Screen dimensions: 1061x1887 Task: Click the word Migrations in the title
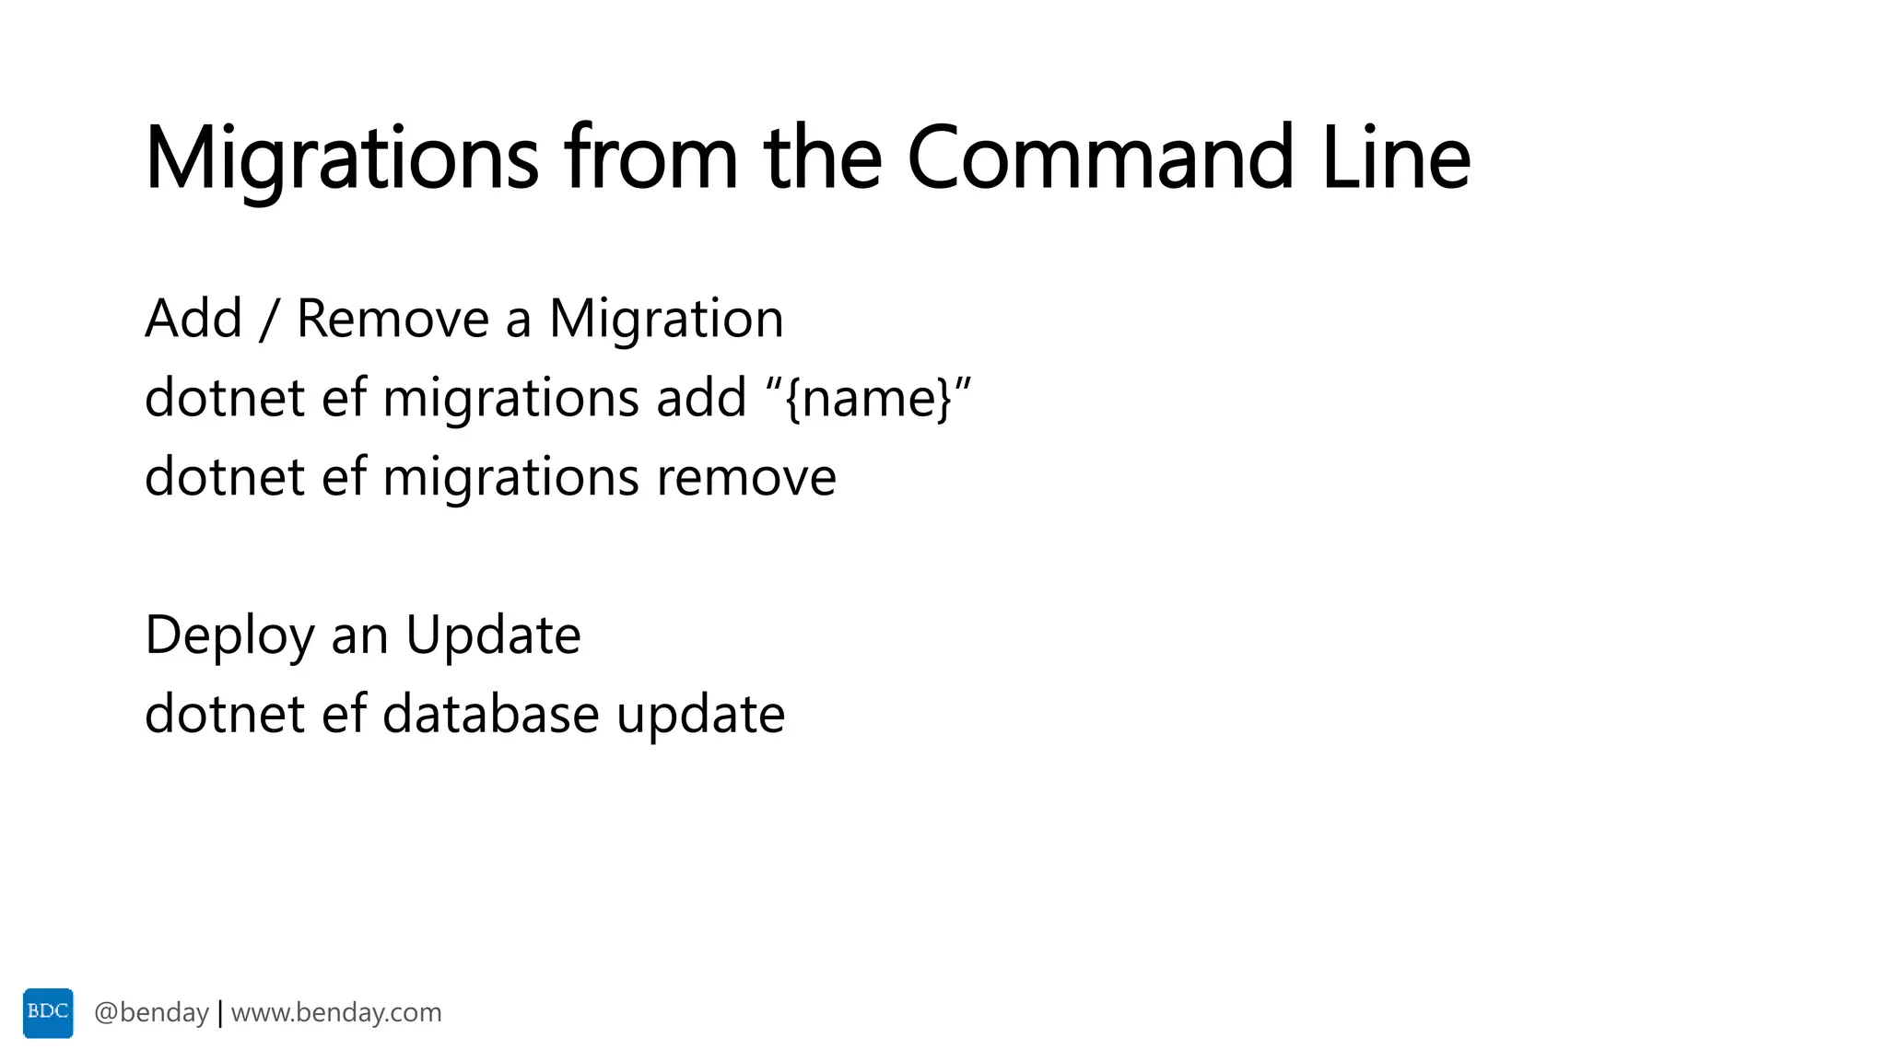(x=341, y=158)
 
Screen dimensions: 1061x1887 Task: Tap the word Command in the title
(x=1100, y=158)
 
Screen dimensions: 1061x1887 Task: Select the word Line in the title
(x=1395, y=158)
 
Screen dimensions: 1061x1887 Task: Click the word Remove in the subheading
(x=393, y=319)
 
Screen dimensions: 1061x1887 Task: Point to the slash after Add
(x=269, y=320)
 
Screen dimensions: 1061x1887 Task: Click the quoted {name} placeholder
(x=868, y=398)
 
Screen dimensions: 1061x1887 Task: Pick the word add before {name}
(x=700, y=398)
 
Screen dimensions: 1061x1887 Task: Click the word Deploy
(x=230, y=635)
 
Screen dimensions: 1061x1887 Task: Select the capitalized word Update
(x=493, y=635)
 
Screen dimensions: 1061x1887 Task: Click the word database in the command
(x=490, y=715)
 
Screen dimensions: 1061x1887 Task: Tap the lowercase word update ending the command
(x=700, y=715)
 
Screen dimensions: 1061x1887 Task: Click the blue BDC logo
(x=48, y=1013)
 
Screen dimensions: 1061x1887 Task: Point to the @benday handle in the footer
(x=152, y=1013)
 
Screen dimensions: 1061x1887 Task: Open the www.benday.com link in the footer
(x=336, y=1013)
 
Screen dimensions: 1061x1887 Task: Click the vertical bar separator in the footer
(x=220, y=1013)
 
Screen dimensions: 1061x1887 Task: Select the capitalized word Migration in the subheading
(x=666, y=319)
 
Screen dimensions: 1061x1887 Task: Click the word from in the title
(x=651, y=158)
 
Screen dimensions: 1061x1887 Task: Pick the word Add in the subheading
(x=193, y=319)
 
